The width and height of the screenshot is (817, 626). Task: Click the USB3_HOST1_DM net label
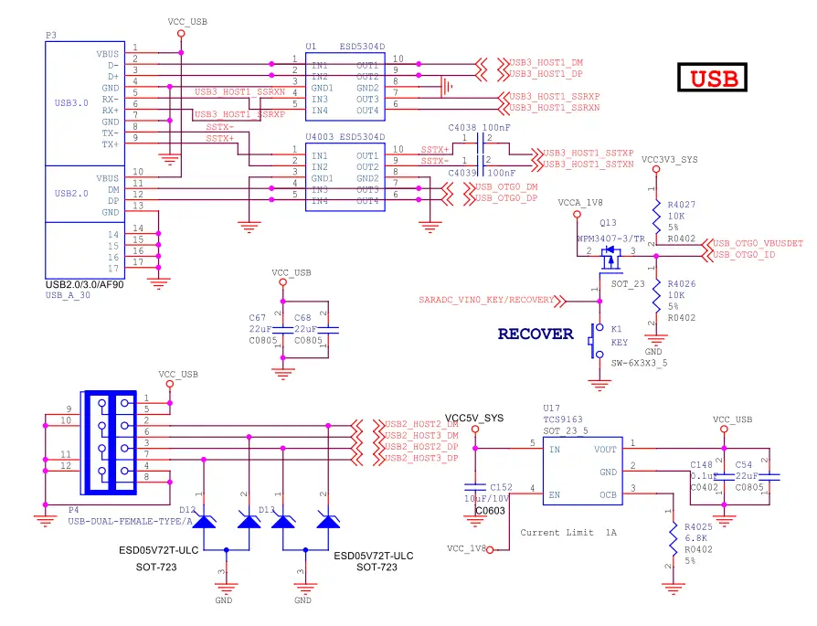[x=545, y=61]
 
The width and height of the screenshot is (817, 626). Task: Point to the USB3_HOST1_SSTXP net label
[x=589, y=153]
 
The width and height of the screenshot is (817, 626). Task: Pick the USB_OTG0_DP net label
[x=505, y=198]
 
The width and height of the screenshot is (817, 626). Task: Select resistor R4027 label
[x=682, y=206]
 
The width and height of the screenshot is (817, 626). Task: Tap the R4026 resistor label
[x=682, y=284]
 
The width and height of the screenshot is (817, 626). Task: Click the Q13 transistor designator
[x=609, y=222]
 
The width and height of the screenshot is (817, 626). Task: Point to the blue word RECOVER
[x=536, y=334]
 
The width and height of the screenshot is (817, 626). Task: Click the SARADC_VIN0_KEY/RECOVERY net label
[x=486, y=300]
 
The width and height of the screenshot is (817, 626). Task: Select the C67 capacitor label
[x=257, y=318]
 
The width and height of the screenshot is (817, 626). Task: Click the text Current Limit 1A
[x=568, y=532]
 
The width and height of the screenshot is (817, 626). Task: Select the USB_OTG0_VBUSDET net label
[x=758, y=244]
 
